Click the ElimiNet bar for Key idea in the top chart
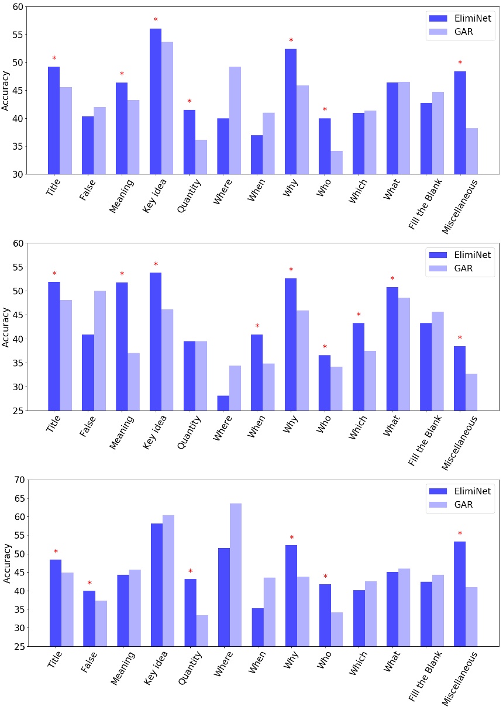coord(156,101)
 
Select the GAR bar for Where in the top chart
coord(235,120)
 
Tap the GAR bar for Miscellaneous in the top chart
coord(471,151)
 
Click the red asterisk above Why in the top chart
coord(291,40)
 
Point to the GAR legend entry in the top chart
coord(451,32)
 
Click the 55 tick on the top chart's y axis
coord(18,35)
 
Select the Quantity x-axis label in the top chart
coord(189,195)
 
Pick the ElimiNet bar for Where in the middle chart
coord(223,403)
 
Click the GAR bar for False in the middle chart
coord(100,351)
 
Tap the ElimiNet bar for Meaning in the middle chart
coord(122,347)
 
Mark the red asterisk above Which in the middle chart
coord(359,315)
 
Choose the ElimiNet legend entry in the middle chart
coord(460,255)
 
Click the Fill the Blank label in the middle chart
coord(425,440)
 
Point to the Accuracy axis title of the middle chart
coord(5,327)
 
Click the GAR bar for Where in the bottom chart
coord(236,575)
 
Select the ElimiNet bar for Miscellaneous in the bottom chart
coord(460,594)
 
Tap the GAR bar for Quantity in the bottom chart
coord(202,631)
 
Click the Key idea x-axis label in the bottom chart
coord(156,667)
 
